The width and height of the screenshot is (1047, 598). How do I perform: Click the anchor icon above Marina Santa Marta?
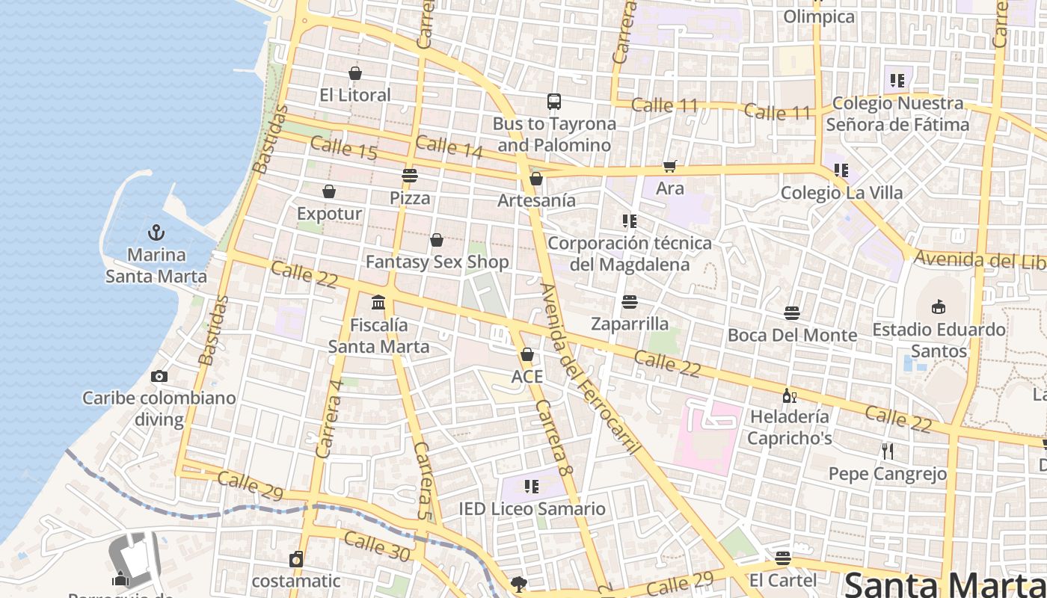click(x=156, y=232)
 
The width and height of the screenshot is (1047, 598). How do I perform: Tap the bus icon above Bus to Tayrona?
click(x=554, y=102)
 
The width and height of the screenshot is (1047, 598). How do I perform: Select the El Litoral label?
click(x=354, y=95)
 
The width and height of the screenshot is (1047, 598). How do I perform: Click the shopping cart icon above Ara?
click(x=669, y=167)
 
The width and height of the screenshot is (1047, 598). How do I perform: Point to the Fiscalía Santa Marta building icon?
click(x=378, y=303)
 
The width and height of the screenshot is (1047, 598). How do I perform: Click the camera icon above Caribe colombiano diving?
click(x=159, y=376)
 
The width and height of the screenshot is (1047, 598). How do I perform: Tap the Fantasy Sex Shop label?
click(x=437, y=262)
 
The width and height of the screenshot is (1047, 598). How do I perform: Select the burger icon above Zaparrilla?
click(x=630, y=302)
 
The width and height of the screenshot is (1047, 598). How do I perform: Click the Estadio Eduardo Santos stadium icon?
click(x=939, y=306)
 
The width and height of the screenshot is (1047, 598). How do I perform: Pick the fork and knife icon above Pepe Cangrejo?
click(x=888, y=451)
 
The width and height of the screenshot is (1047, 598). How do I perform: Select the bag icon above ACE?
click(x=527, y=354)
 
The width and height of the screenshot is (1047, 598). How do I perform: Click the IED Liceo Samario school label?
click(x=532, y=509)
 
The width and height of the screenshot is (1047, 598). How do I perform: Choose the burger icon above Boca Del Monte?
click(x=792, y=312)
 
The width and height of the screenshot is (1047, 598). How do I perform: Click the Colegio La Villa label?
click(x=841, y=193)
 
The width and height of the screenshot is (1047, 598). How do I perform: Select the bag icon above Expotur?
click(x=329, y=192)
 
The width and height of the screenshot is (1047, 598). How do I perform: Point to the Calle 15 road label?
click(x=343, y=147)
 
